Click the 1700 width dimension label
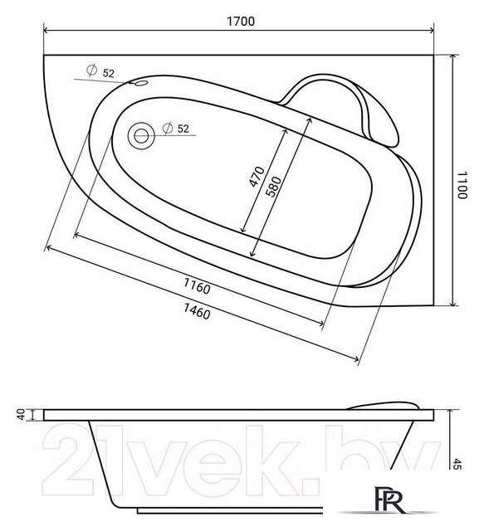[x=240, y=22]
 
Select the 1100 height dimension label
[x=462, y=185]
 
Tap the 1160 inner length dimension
[x=197, y=285]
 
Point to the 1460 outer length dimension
[x=197, y=311]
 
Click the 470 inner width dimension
[x=257, y=177]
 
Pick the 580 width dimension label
[x=273, y=186]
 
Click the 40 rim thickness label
[x=21, y=415]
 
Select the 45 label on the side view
[x=457, y=464]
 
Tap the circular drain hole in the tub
[x=141, y=136]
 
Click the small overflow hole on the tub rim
[x=140, y=83]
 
